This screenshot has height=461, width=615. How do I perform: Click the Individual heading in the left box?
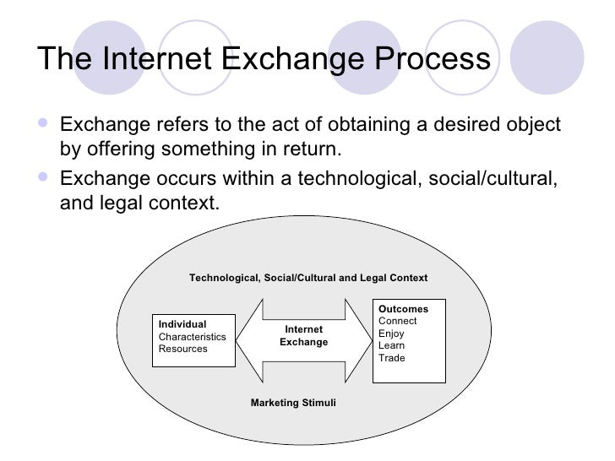[x=182, y=324]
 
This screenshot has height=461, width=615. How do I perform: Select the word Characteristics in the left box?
[x=193, y=336]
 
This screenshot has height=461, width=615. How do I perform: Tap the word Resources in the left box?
[x=183, y=348]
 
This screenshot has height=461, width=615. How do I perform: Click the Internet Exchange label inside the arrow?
[x=304, y=335]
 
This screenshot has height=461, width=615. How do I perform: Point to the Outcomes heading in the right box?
[x=403, y=309]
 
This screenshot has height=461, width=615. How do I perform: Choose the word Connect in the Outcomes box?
[x=397, y=321]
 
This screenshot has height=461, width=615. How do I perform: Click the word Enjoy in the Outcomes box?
[x=391, y=334]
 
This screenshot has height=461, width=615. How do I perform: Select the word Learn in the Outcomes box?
[x=391, y=345]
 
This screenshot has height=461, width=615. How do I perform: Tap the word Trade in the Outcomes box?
[x=392, y=358]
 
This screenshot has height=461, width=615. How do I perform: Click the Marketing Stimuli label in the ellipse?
[x=293, y=403]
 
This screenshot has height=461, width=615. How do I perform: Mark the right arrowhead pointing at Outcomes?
[x=359, y=336]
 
